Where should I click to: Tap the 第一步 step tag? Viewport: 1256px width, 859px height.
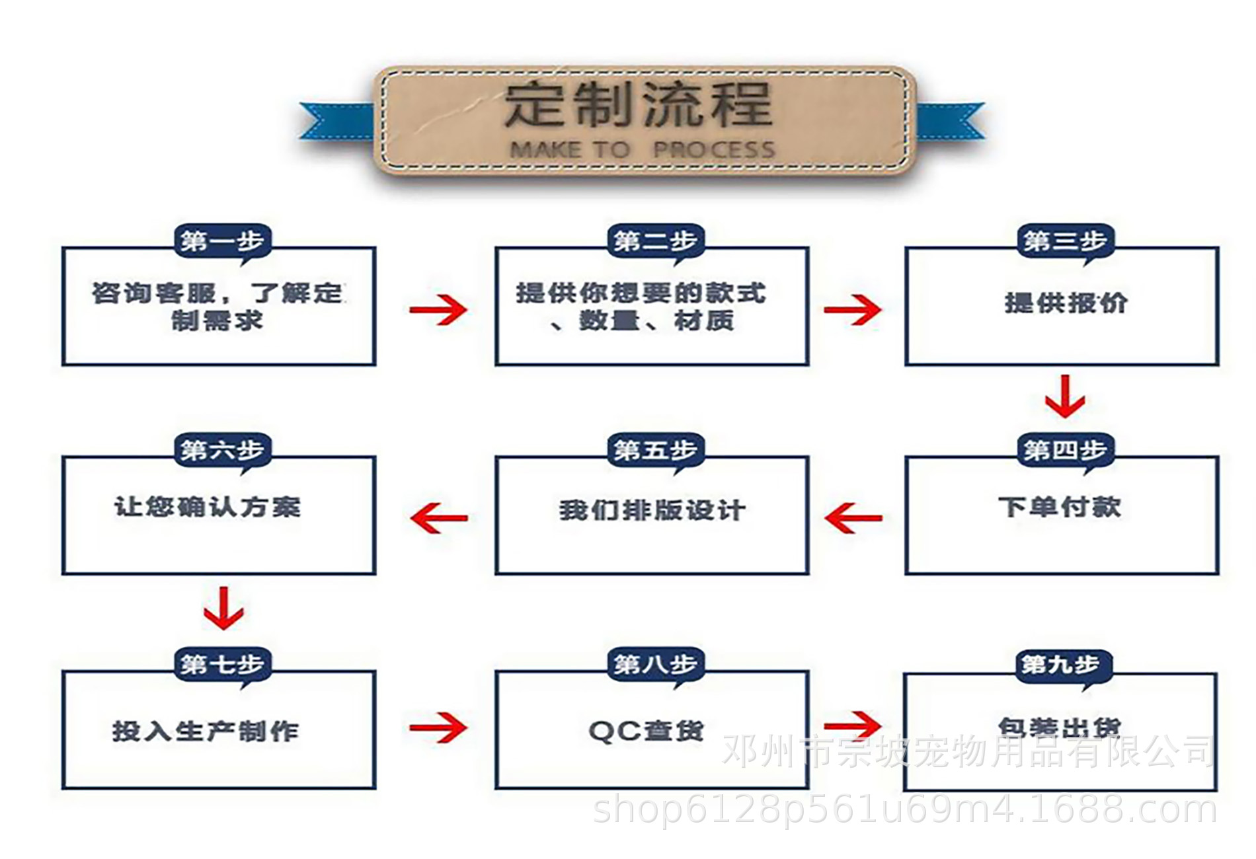coord(222,241)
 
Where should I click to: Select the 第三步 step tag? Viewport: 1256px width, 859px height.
coord(1065,241)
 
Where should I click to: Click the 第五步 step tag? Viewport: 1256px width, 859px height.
coord(655,450)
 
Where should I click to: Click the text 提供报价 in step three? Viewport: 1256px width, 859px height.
coord(1066,303)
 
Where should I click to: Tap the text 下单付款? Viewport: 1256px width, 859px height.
coord(1060,507)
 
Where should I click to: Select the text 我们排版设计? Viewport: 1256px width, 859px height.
coord(652,510)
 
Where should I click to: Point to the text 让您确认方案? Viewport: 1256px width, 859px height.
coord(208,507)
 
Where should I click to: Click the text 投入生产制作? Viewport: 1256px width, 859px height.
coord(206,731)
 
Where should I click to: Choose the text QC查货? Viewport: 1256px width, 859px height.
coord(646,731)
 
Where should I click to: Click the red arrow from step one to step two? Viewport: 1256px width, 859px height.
coord(438,309)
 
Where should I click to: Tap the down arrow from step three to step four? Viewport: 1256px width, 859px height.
coord(1064,396)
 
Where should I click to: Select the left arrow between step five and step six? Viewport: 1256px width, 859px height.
coord(439,517)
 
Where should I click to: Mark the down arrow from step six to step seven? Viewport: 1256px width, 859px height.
coord(223,608)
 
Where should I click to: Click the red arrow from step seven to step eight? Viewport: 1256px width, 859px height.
coord(438,728)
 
